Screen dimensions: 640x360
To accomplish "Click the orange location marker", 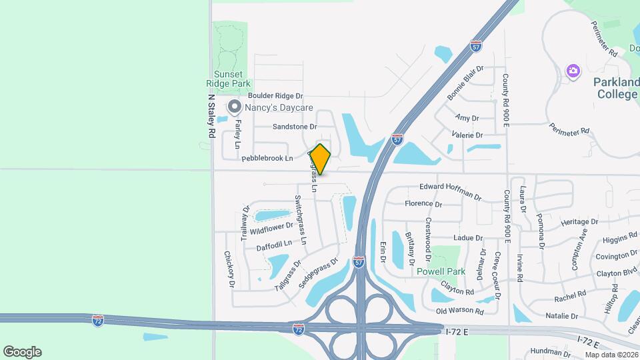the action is (321, 159).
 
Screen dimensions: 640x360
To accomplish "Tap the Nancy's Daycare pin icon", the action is (234, 107).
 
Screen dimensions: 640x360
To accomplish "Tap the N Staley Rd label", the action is (211, 115).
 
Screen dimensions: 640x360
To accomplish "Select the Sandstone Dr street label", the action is (294, 126).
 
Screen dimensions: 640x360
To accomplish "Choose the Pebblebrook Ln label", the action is (267, 158).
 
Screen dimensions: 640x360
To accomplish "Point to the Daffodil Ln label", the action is (274, 245).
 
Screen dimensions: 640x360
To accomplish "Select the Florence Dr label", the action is (423, 203).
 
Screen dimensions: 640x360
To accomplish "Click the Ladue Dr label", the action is (467, 238).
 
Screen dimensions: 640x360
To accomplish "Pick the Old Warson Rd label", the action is (460, 311).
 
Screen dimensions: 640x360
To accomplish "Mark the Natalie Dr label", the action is (561, 315).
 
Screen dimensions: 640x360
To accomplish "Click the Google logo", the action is (22, 352).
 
